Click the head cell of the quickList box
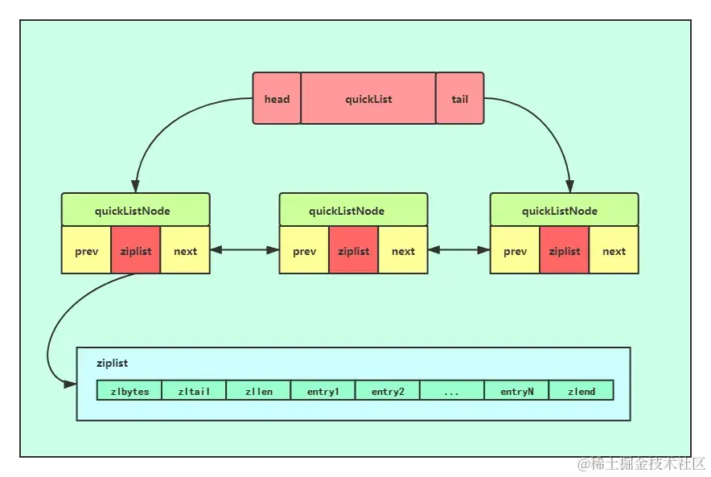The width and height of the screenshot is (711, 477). point(277,98)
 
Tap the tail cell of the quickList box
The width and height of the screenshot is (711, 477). point(460,98)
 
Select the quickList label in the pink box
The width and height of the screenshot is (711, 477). point(368,99)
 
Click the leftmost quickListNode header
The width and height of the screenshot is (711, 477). point(136,209)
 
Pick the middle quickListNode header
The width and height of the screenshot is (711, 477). point(353,209)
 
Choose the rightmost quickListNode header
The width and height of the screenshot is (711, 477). point(564,209)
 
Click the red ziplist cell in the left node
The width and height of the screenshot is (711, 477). point(136,250)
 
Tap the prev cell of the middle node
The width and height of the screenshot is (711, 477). point(304,250)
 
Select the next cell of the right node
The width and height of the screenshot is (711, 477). point(614,250)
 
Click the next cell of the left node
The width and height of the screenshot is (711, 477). point(185,250)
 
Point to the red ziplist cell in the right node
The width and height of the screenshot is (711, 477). point(564,250)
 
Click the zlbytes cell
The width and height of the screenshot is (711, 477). point(129,390)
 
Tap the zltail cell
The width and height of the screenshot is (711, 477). point(194,390)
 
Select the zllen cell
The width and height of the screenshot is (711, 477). point(258,390)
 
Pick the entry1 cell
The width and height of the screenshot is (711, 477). point(323,390)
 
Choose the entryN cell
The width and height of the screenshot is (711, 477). point(516,390)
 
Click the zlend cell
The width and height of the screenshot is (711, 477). point(582,390)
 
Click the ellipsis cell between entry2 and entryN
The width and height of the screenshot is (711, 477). point(452,390)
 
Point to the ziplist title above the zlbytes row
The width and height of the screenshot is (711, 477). point(112,364)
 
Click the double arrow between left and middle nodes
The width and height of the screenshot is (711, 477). point(245,250)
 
